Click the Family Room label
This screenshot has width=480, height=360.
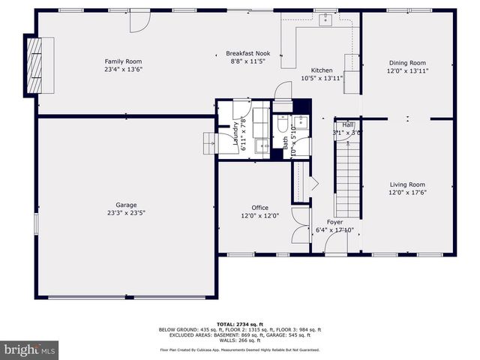(123, 61)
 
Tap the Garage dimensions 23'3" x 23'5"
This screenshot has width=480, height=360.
(125, 212)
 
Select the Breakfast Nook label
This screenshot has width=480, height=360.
(248, 53)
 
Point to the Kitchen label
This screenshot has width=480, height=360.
(322, 70)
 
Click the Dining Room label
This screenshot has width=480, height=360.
(407, 63)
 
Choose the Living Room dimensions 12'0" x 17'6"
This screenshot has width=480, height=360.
(407, 192)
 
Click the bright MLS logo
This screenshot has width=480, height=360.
(29, 349)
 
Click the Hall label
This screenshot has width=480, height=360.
(347, 124)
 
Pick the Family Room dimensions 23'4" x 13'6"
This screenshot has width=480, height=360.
(123, 69)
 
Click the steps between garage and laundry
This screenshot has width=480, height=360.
(209, 142)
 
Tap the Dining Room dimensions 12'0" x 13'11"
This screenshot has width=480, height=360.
(407, 70)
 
